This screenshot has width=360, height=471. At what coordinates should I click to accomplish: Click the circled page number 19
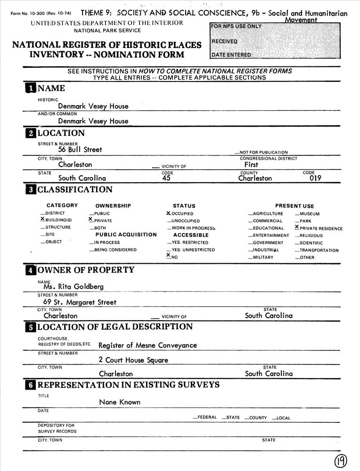(341, 461)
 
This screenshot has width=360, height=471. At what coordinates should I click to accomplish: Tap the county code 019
(312, 179)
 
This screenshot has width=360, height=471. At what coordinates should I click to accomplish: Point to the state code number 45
(165, 179)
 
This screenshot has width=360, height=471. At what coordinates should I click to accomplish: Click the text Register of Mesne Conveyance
(147, 345)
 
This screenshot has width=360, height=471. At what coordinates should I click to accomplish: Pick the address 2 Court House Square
(133, 360)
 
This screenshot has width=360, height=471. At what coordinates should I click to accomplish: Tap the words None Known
(120, 402)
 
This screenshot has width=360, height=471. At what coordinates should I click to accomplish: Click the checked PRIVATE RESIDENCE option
(319, 228)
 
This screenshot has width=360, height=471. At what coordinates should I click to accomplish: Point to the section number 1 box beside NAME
(30, 88)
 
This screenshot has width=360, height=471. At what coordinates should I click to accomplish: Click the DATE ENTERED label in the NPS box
(231, 55)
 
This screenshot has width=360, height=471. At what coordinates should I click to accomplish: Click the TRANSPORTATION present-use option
(317, 251)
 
